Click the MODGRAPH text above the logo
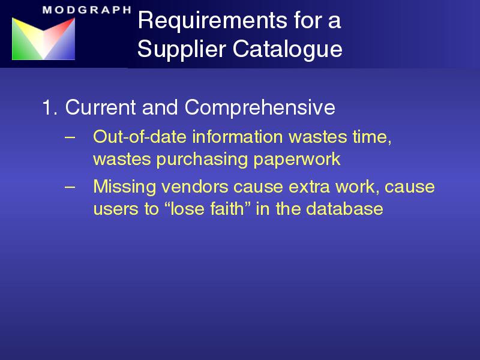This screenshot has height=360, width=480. (86, 10)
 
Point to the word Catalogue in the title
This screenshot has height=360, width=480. (287, 50)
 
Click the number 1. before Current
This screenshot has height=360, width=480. (50, 107)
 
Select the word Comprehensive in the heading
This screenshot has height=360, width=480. (260, 108)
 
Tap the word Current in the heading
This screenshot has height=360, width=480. (100, 107)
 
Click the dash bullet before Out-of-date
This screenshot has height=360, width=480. (70, 137)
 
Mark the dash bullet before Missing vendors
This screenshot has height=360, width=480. (70, 187)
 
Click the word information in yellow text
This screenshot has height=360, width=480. (238, 137)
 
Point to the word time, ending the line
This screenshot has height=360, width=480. (372, 137)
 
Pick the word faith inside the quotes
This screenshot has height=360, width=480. (227, 209)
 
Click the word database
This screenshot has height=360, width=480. (344, 209)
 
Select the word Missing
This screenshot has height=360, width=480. (125, 187)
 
